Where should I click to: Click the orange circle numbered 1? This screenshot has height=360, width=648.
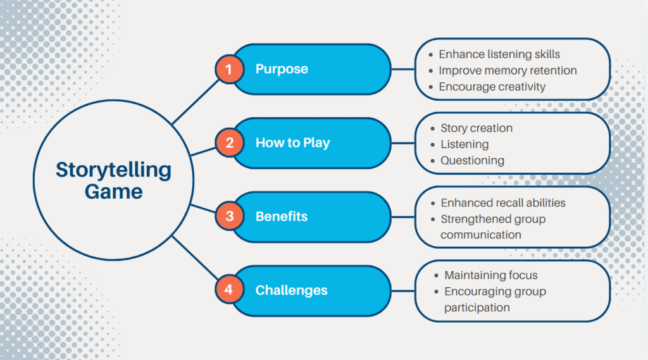click(x=229, y=69)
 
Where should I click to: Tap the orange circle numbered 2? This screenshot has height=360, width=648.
click(x=229, y=143)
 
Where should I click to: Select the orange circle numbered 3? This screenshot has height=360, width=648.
click(x=229, y=216)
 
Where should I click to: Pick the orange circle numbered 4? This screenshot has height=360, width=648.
click(x=229, y=290)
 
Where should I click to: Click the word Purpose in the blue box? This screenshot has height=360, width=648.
click(x=282, y=69)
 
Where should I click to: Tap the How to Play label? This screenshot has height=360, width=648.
click(x=292, y=143)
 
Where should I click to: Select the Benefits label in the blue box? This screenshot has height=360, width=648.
click(x=282, y=216)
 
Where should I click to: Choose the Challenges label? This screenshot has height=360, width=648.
click(x=291, y=290)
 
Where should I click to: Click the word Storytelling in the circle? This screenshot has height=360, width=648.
click(x=113, y=170)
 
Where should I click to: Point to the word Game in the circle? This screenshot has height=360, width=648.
click(x=114, y=191)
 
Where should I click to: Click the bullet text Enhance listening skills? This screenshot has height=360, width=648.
click(x=499, y=54)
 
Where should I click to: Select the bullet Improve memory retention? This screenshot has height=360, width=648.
click(x=508, y=70)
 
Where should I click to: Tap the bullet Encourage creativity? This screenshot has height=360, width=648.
click(x=492, y=87)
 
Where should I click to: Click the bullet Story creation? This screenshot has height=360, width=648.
click(x=477, y=128)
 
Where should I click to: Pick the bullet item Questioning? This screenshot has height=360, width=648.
click(x=472, y=161)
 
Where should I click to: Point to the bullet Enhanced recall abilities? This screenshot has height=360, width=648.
click(x=503, y=203)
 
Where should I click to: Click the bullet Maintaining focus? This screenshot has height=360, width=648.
click(x=490, y=275)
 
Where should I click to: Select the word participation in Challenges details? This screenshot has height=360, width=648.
click(x=477, y=307)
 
